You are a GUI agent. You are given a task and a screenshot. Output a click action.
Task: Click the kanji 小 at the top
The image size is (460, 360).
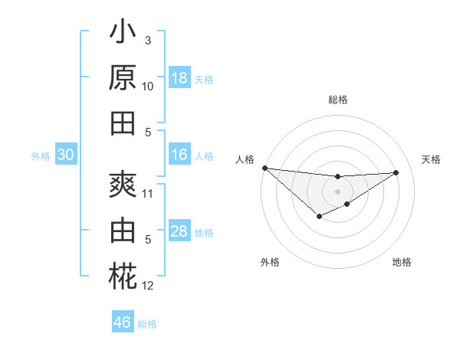123,34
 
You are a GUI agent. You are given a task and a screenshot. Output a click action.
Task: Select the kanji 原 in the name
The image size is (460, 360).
123,79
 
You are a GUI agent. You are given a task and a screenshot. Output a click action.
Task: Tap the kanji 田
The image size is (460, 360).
123,123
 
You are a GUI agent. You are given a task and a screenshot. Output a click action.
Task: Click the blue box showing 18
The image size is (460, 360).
179,78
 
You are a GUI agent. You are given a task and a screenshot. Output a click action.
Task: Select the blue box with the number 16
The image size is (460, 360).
179,155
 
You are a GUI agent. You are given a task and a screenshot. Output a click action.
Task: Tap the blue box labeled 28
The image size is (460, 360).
179,231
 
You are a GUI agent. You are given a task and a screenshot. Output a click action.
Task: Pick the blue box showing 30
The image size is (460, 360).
65,155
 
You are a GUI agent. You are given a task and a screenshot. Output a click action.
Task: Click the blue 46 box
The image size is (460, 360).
123,322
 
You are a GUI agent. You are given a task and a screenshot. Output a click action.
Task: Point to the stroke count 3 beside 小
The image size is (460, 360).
148,41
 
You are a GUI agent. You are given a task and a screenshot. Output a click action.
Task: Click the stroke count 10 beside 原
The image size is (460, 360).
148,87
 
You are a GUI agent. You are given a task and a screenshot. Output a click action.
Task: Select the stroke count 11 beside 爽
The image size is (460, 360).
148,193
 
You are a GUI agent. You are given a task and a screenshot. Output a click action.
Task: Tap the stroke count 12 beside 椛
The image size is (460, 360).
148,286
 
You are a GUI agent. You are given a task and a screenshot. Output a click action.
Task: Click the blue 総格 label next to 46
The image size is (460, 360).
147,324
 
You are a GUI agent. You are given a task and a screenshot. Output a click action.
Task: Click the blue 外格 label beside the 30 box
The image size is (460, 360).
41,156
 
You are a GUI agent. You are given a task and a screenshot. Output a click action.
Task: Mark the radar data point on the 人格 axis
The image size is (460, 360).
264,168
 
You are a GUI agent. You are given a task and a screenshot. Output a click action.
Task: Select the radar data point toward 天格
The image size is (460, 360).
396,172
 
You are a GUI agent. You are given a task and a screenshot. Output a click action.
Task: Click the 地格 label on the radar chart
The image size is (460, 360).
402,262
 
